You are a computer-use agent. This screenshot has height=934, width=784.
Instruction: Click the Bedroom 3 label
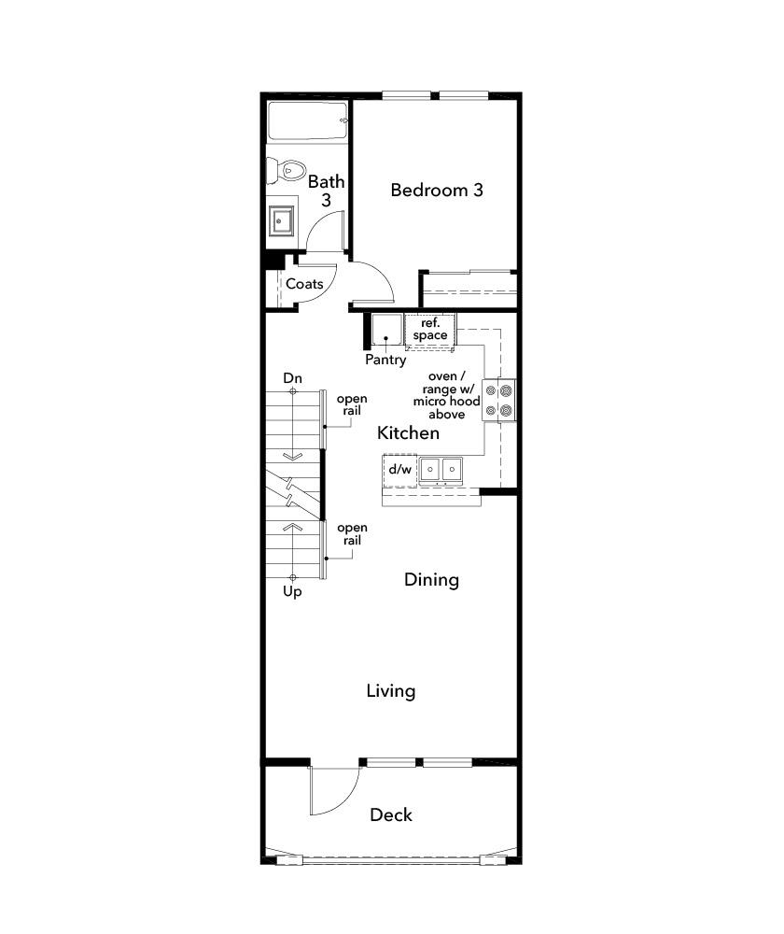coord(437,190)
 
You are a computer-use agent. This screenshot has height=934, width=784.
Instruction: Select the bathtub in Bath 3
coord(307,121)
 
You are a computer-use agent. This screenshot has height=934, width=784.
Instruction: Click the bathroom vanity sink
coord(281,221)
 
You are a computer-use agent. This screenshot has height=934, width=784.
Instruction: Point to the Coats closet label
coord(304,284)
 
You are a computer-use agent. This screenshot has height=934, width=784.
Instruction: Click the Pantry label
coord(385,360)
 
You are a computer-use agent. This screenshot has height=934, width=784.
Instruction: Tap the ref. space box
coord(430,330)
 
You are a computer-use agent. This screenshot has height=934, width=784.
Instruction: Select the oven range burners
coord(498,401)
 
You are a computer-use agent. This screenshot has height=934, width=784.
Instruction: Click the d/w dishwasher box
coord(400,470)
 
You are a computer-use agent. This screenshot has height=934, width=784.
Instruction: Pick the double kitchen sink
coord(441,470)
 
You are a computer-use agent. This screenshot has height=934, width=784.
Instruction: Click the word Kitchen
coord(409,433)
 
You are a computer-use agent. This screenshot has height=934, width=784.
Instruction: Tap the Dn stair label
coord(292,378)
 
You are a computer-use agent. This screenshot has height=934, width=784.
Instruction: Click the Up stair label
coord(292,591)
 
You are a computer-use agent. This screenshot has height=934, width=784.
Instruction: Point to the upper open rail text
coord(352,404)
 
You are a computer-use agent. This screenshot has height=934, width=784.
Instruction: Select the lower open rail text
coord(352,533)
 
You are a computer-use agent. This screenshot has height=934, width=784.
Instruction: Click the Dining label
coord(431,580)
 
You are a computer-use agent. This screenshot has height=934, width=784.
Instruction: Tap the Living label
coord(391,691)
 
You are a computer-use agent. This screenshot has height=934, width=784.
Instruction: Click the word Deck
coord(391,814)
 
